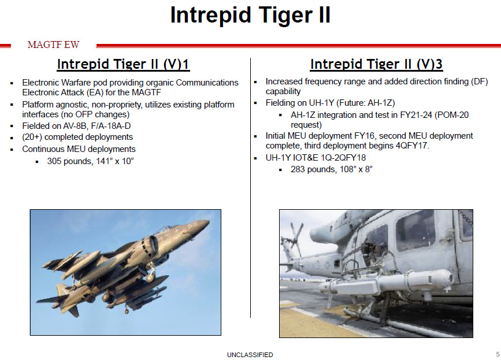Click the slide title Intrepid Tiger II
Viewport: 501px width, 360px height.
pyautogui.click(x=250, y=16)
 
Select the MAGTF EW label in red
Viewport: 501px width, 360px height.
pyautogui.click(x=53, y=45)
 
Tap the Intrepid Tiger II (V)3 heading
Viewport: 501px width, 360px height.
pyautogui.click(x=376, y=64)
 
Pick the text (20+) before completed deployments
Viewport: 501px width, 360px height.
pyautogui.click(x=34, y=137)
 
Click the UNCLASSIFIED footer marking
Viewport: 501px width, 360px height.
pyautogui.click(x=250, y=355)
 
